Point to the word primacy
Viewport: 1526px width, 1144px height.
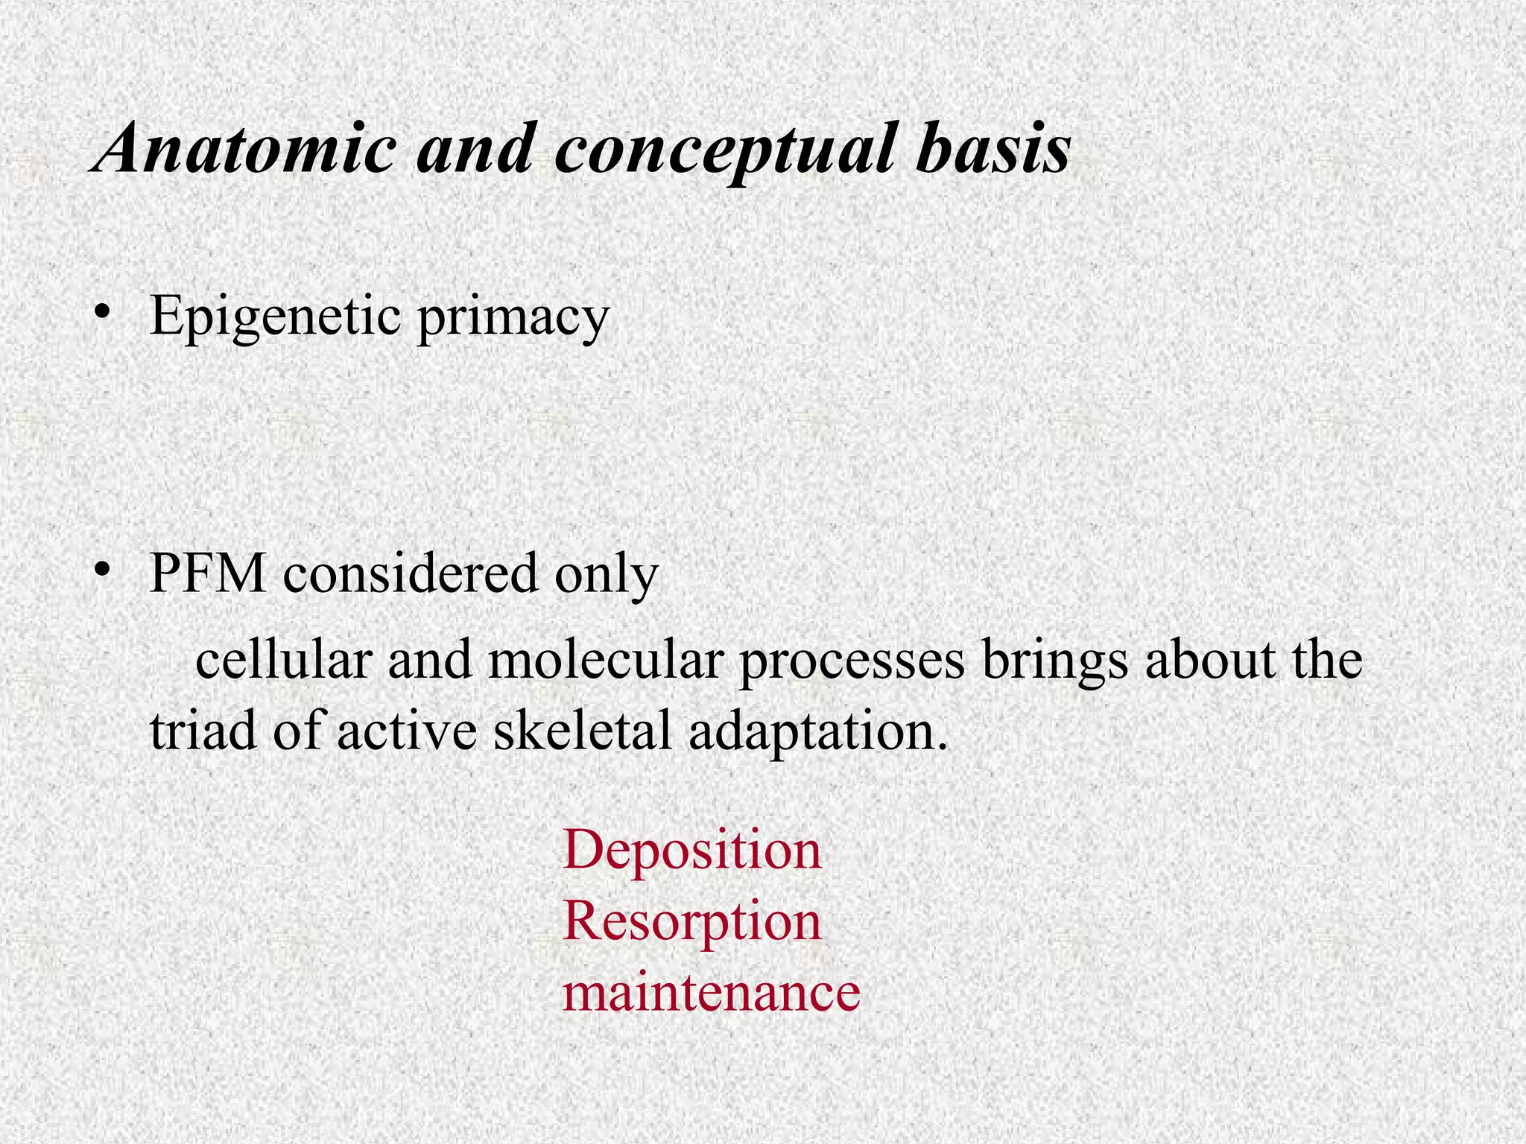click(x=513, y=318)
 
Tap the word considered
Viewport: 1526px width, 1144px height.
click(x=410, y=573)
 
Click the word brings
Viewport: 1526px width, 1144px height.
click(x=1054, y=662)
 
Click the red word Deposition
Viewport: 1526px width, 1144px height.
click(x=692, y=850)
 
